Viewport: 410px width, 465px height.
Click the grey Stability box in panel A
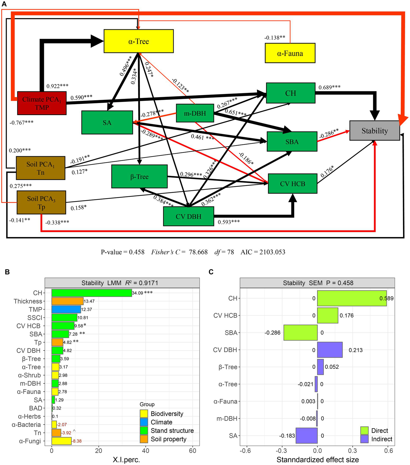374,131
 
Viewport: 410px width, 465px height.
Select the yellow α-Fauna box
290,53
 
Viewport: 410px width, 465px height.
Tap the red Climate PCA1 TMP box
42,103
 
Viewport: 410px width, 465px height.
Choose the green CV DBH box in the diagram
188,216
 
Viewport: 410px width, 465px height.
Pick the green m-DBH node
195,113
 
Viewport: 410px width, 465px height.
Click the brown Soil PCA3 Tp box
41,202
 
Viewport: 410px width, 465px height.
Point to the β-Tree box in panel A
139,176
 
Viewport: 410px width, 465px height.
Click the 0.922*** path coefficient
57,86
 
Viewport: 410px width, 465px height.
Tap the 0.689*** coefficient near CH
329,87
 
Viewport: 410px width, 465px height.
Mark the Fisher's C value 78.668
198,252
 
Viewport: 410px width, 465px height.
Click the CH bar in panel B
92,293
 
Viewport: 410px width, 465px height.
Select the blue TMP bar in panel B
66,309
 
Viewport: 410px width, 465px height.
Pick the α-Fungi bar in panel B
61,441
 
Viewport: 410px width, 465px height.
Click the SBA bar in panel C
300,333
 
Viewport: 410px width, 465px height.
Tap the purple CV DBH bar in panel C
330,350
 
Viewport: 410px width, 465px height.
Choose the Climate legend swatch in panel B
144,422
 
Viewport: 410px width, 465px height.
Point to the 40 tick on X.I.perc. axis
146,451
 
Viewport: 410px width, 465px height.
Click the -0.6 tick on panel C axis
246,451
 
